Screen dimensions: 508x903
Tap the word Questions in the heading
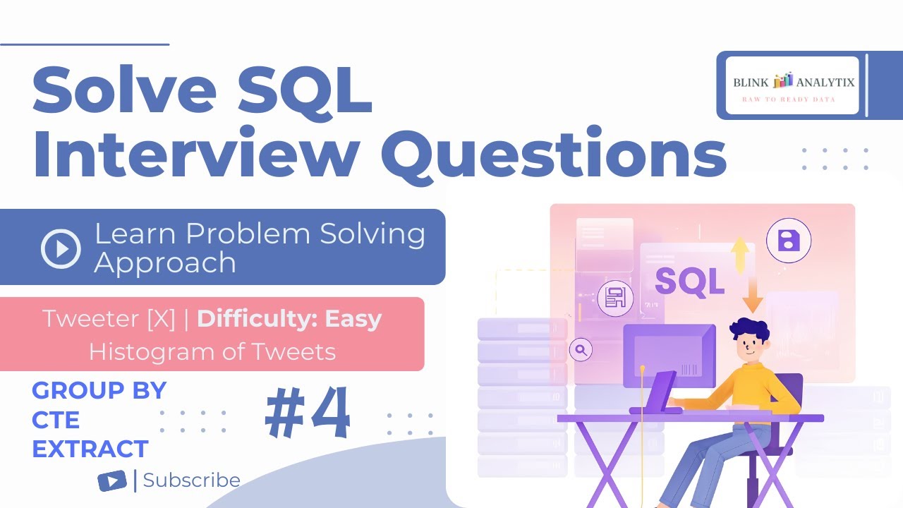(x=557, y=157)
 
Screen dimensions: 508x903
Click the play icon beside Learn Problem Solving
(x=61, y=248)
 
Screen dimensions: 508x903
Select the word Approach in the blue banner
(x=165, y=263)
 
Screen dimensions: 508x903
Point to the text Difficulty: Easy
(x=289, y=319)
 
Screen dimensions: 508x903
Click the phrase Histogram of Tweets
(x=212, y=351)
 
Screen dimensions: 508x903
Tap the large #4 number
(x=308, y=414)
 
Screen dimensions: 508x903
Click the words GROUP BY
(x=99, y=390)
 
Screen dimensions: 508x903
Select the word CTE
(x=56, y=420)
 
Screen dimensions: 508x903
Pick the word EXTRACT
(x=90, y=449)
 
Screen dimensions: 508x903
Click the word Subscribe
(x=191, y=480)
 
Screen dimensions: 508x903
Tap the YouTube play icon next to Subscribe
(x=112, y=481)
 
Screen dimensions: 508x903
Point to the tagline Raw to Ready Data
(x=788, y=99)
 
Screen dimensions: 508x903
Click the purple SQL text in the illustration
(x=689, y=281)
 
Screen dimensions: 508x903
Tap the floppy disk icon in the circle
(x=788, y=241)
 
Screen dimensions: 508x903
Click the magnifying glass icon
(x=581, y=349)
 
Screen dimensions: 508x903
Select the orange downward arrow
(x=752, y=295)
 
